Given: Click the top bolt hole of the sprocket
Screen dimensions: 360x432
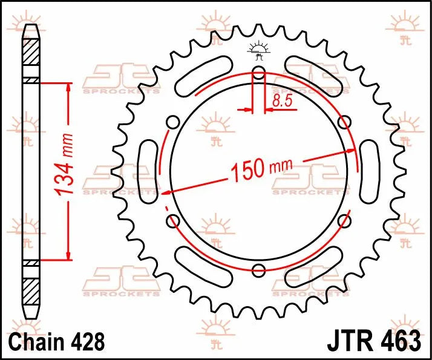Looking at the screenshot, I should coord(258,74).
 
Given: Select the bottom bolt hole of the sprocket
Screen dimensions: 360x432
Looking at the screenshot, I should coord(258,270).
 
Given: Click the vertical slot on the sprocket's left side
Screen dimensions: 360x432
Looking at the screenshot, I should coord(147,172).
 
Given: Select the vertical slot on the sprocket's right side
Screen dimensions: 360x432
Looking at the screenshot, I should coord(369,172).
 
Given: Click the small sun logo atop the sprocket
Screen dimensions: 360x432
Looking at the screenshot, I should coord(258,51).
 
